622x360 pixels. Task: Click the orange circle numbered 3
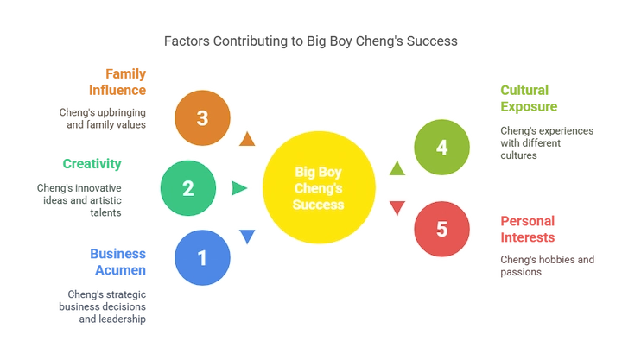(x=202, y=118)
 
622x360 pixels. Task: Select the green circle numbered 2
(x=188, y=187)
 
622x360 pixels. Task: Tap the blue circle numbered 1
(x=202, y=256)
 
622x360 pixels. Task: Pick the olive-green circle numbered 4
(x=442, y=148)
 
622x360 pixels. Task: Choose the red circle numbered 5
(x=442, y=229)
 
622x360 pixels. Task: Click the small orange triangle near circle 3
(x=248, y=139)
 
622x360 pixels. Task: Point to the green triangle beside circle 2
(x=238, y=187)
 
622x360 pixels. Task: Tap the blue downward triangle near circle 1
(x=247, y=236)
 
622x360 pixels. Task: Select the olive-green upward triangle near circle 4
(x=397, y=168)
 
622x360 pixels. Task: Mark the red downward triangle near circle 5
(x=397, y=207)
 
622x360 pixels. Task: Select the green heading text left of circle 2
(x=92, y=163)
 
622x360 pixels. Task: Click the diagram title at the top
(x=311, y=39)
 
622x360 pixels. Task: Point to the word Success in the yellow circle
(x=320, y=205)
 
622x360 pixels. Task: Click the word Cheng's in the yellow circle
(x=320, y=187)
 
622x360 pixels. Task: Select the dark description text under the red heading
(x=547, y=264)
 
